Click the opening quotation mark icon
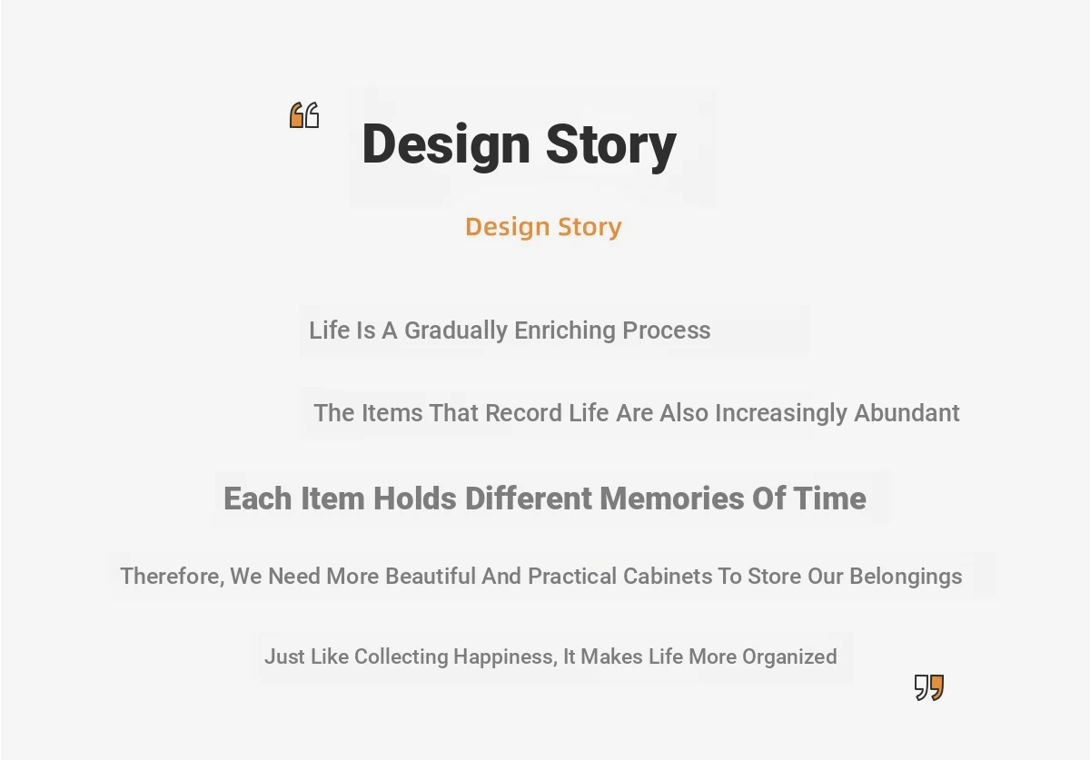[x=304, y=115]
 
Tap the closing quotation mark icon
[x=929, y=687]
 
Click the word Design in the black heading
[x=446, y=145]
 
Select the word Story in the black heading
[x=611, y=145]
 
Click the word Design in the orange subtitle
[x=508, y=227]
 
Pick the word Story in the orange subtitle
[x=590, y=227]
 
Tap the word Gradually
[x=456, y=331]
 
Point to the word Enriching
[x=565, y=331]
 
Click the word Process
[x=667, y=331]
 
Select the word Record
[x=523, y=413]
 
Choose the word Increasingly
[x=781, y=413]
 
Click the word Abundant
[x=907, y=413]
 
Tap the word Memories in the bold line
[x=672, y=498]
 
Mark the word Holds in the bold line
[x=415, y=498]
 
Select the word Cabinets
[x=668, y=576]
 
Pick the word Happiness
[x=506, y=657]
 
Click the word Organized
[x=789, y=657]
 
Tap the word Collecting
[x=401, y=657]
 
